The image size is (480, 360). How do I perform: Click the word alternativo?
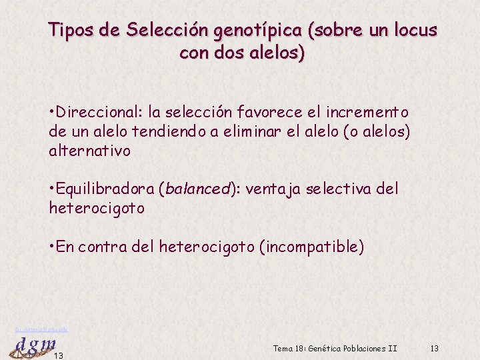(x=90, y=151)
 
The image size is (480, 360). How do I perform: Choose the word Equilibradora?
(x=105, y=189)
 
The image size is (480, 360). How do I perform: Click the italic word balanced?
(x=197, y=189)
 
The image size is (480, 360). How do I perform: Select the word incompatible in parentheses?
(x=315, y=247)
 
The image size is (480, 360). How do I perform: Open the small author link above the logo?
(x=41, y=329)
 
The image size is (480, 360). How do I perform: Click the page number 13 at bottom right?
(x=435, y=349)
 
